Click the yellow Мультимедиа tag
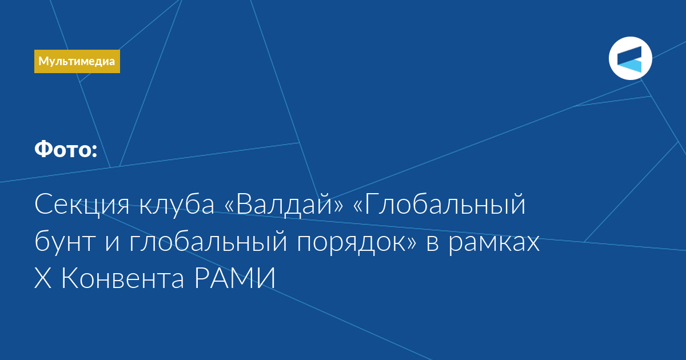click(77, 61)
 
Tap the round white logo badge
click(630, 58)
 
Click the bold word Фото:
click(66, 149)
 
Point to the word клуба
click(177, 205)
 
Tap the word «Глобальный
click(440, 205)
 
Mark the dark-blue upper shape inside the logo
click(629, 54)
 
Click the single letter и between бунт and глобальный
click(113, 244)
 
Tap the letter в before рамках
click(432, 244)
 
